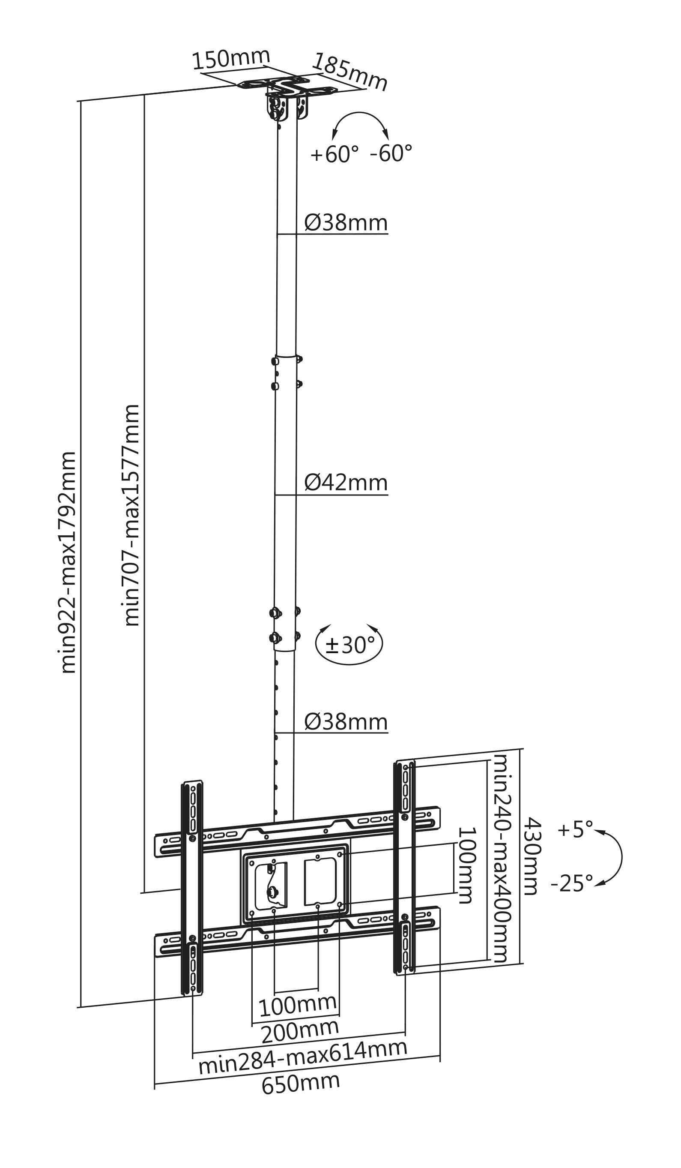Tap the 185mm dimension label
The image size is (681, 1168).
(x=350, y=72)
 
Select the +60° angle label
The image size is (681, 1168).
(x=335, y=154)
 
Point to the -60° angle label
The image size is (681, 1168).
(x=391, y=153)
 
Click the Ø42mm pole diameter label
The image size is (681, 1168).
(x=346, y=483)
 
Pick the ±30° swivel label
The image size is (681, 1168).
(x=350, y=644)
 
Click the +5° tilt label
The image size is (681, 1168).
(x=575, y=829)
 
